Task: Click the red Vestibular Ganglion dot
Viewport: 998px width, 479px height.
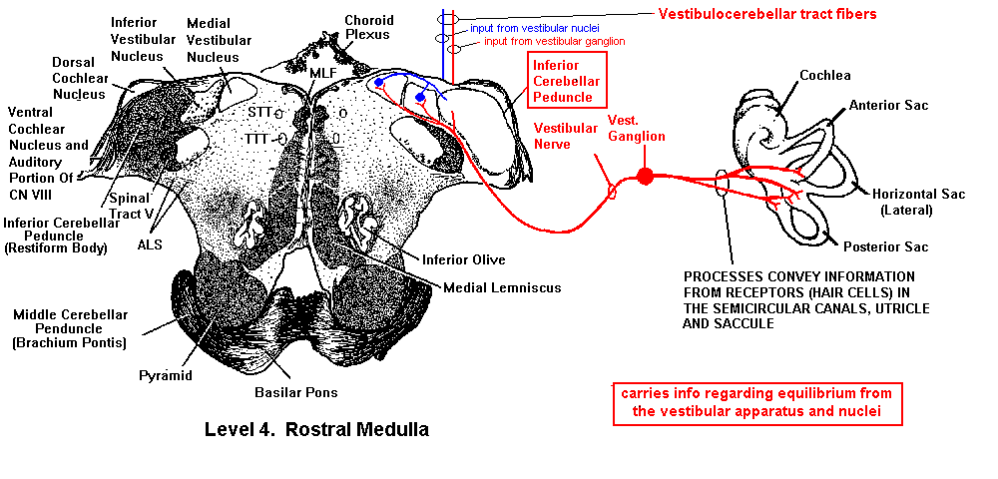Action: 645,177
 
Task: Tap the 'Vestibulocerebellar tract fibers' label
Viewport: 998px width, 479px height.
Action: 767,14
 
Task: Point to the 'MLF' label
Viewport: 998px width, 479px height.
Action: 322,74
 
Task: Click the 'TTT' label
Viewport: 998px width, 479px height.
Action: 259,139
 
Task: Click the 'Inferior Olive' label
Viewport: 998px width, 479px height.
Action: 462,259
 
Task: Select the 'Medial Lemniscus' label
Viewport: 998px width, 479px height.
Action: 502,287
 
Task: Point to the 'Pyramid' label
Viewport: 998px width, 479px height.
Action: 165,375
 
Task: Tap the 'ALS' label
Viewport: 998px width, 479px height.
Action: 150,242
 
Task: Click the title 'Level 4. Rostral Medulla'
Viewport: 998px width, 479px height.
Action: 316,430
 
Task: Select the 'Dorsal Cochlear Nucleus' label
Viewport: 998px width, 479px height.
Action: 79,78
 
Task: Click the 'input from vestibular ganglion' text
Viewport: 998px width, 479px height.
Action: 554,42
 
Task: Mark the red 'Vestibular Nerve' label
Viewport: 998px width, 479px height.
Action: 566,136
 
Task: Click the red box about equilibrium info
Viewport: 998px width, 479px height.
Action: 758,403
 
